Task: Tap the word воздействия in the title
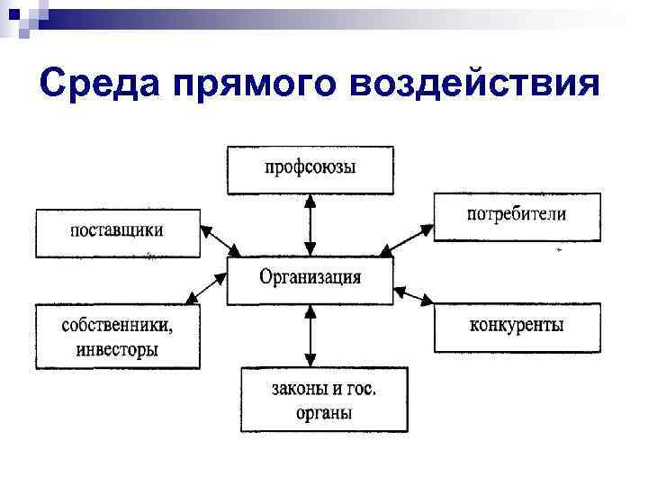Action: coord(477,84)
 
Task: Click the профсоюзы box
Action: coord(310,169)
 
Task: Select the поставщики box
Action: coord(117,232)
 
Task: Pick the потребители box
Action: coord(517,216)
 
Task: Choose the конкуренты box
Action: coord(517,327)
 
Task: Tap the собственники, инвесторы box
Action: coord(117,336)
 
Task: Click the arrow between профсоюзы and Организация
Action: coord(310,225)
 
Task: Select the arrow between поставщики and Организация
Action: coord(220,240)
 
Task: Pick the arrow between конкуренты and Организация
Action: coord(414,295)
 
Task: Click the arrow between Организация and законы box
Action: coord(310,337)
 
